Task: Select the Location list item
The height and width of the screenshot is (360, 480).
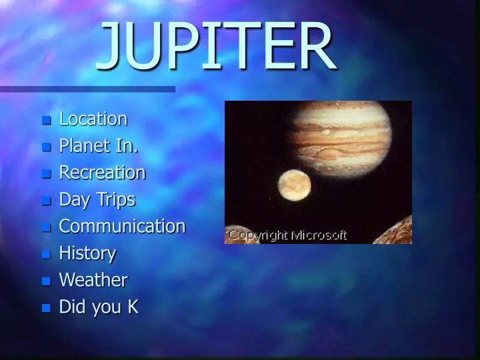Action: [93, 119]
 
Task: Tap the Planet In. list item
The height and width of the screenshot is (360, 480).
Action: [99, 146]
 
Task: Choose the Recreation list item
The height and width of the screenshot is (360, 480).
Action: [102, 173]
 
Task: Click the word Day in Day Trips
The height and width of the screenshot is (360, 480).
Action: [73, 200]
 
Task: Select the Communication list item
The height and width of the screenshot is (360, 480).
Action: [122, 226]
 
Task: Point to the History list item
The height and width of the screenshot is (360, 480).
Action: [87, 253]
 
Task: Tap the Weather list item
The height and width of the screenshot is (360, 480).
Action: [93, 280]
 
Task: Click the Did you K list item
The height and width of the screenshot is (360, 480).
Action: [99, 307]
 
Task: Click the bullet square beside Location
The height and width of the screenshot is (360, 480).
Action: [46, 121]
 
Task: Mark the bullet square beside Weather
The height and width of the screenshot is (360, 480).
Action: [46, 281]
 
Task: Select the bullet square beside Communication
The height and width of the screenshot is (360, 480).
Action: [46, 228]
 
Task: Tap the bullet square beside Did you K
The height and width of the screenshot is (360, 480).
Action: [46, 309]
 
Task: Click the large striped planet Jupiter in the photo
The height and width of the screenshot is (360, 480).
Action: [340, 137]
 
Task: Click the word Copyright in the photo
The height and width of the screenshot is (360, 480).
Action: [259, 235]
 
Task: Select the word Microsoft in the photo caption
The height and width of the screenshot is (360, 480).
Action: [319, 235]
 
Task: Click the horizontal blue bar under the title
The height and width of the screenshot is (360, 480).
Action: [87, 89]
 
